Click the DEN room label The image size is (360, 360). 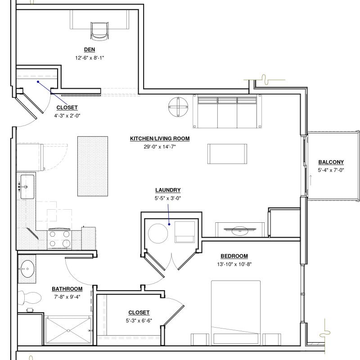pos(89,49)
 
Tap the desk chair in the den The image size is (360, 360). pos(99,31)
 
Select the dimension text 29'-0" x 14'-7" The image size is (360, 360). pos(160,147)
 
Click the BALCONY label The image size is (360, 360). pos(331,162)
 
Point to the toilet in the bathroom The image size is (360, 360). pos(30,297)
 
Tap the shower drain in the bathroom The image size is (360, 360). pos(68,331)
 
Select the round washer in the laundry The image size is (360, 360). pos(158,234)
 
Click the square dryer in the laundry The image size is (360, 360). pos(185,232)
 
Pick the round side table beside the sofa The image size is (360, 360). pos(178,107)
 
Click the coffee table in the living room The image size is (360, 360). pos(227,154)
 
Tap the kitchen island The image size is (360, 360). pos(93,166)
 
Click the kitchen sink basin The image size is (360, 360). pos(27,187)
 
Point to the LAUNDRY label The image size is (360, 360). pos(168,190)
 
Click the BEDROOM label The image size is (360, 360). pos(234,256)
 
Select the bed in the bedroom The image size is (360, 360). pos(236,313)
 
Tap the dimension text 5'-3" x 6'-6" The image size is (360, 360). pos(139,321)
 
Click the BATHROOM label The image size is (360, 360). pos(67,289)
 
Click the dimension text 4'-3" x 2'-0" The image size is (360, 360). pos(67,116)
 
